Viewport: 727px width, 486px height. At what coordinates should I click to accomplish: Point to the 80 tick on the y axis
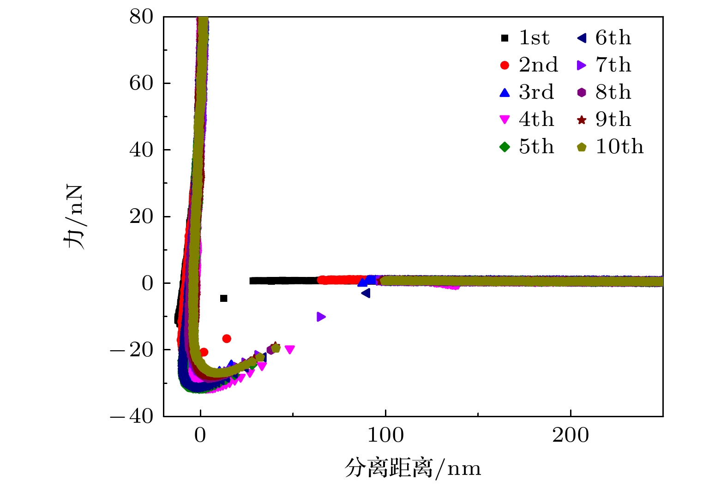click(141, 17)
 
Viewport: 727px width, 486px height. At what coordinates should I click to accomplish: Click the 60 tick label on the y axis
click(141, 84)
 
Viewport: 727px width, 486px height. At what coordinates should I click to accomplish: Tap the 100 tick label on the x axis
click(385, 435)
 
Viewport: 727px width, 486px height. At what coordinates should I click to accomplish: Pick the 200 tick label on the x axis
click(571, 435)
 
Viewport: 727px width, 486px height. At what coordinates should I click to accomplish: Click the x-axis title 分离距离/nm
click(413, 468)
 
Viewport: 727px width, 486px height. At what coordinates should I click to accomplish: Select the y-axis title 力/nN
click(74, 217)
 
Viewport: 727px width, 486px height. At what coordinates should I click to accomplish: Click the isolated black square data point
click(224, 298)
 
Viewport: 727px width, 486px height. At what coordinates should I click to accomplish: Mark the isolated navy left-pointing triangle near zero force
click(366, 293)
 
